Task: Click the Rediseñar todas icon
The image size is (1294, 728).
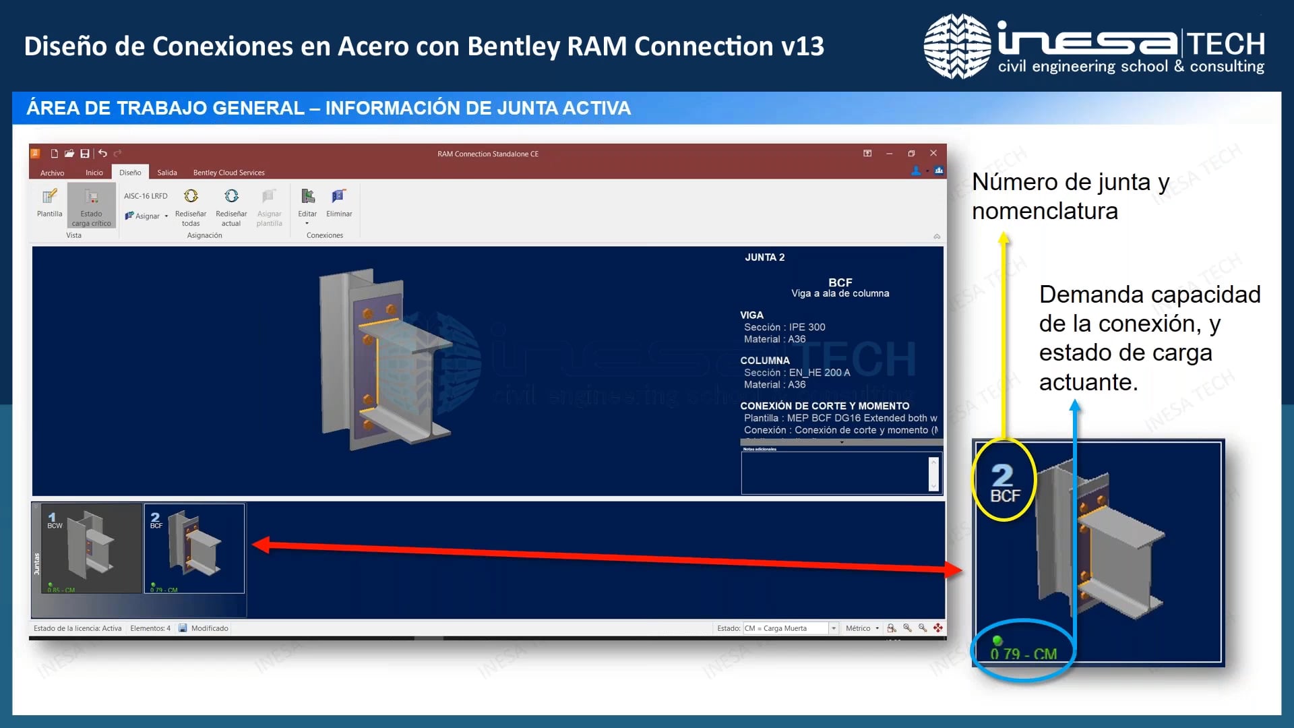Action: (x=191, y=196)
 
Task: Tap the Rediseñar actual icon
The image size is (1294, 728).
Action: (x=231, y=196)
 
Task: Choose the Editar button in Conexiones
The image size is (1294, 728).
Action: (x=307, y=202)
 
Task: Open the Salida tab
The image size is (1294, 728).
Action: (x=167, y=173)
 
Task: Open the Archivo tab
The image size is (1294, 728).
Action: (x=52, y=173)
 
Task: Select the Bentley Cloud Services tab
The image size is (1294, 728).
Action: (x=228, y=173)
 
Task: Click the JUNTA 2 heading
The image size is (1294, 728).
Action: (x=764, y=257)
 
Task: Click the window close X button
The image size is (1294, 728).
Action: (x=933, y=154)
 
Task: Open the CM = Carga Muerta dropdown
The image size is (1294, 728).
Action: (x=834, y=628)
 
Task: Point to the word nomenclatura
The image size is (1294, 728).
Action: (x=1045, y=212)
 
